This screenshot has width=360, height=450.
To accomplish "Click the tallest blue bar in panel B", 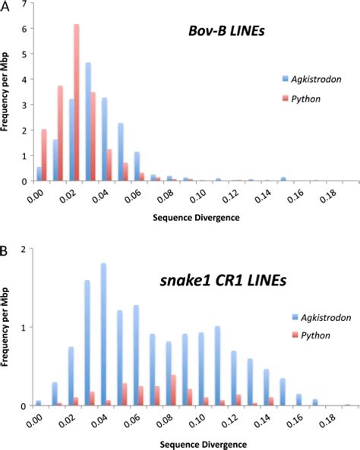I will click(x=103, y=334).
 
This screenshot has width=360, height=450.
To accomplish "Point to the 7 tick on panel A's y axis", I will click(x=27, y=5).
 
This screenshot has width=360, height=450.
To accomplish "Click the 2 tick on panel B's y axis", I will click(x=27, y=249).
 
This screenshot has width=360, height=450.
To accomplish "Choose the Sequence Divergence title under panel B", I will click(x=188, y=440).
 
